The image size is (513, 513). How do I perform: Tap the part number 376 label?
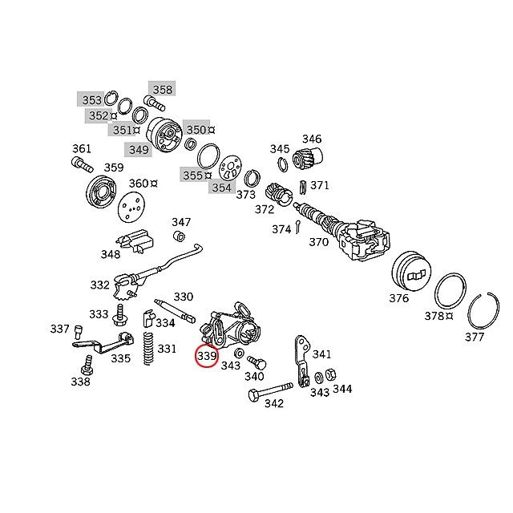(x=398, y=298)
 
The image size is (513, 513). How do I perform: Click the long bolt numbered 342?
(x=265, y=392)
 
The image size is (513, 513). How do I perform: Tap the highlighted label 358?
(x=162, y=89)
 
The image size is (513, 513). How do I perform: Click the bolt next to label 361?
(x=79, y=164)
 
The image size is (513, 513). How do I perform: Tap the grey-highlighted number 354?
(x=221, y=188)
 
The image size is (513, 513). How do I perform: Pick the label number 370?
(x=318, y=241)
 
